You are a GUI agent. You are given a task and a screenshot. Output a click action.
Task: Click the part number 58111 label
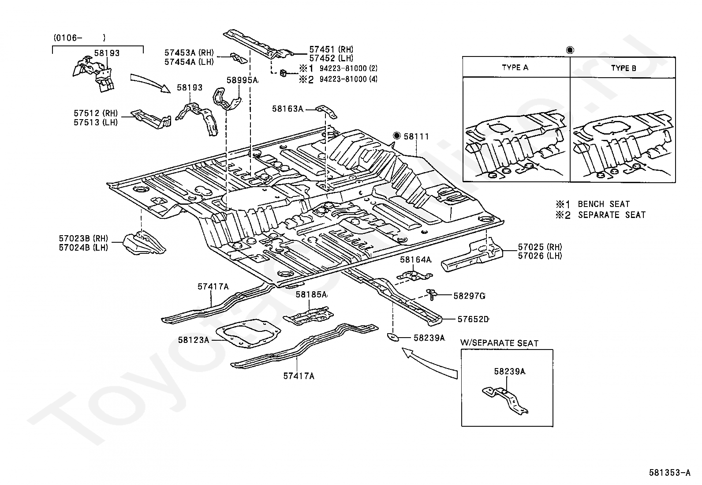(x=416, y=136)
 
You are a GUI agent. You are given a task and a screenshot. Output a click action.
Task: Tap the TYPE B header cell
(x=623, y=68)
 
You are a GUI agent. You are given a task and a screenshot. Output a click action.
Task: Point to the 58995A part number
(x=242, y=80)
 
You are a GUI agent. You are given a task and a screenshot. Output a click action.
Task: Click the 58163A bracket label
(x=288, y=109)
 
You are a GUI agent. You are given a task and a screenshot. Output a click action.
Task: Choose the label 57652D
(x=473, y=320)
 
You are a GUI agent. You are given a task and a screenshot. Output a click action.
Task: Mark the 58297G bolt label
(x=469, y=296)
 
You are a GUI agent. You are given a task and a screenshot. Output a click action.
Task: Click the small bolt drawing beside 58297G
(x=432, y=295)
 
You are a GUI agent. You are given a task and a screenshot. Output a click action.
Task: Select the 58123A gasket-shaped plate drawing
(x=248, y=334)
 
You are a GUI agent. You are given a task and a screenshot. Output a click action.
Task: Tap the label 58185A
(x=311, y=294)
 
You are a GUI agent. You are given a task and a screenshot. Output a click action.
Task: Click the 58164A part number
(x=415, y=260)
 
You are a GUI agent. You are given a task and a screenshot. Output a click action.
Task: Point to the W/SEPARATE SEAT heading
(x=499, y=343)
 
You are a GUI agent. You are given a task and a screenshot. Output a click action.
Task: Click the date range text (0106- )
(x=80, y=38)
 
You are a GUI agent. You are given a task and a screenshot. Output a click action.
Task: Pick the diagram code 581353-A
(x=669, y=473)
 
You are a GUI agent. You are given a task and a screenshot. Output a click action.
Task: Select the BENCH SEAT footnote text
(x=604, y=204)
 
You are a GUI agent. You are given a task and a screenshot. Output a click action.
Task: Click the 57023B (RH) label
(x=83, y=238)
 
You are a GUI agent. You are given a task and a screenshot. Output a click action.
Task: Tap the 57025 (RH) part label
(x=540, y=247)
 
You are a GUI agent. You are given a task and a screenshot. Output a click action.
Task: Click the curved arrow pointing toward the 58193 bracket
(x=150, y=82)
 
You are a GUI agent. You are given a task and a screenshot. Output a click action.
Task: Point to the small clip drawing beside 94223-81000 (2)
(x=283, y=73)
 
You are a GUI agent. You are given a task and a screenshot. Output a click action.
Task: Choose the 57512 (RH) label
(x=96, y=113)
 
